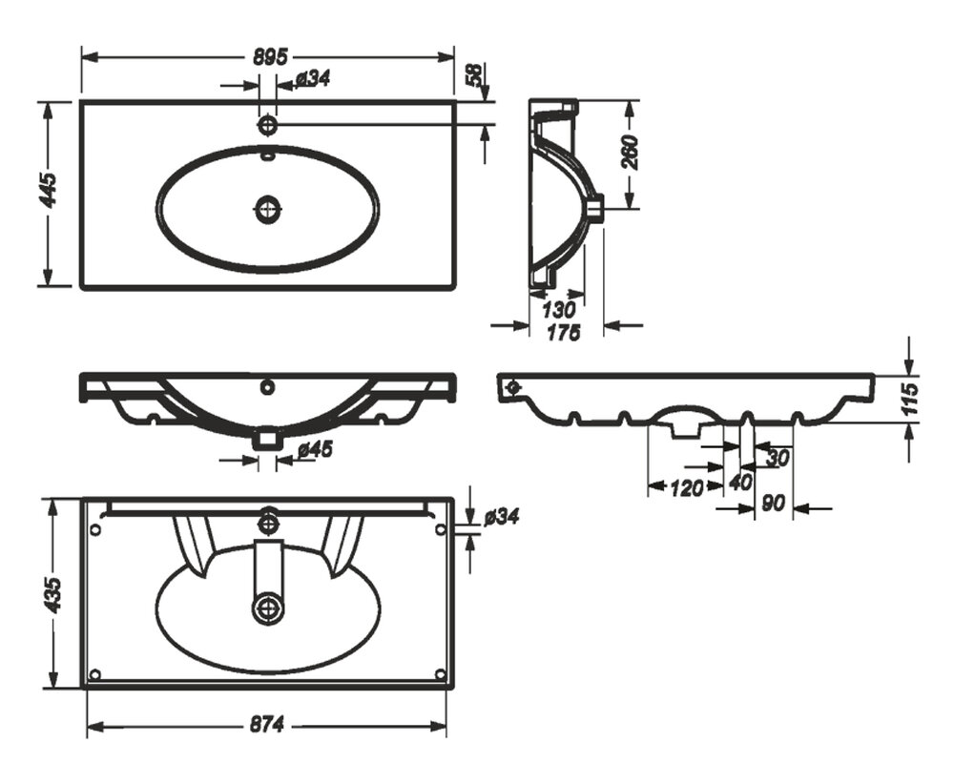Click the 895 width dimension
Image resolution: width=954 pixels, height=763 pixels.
click(x=270, y=56)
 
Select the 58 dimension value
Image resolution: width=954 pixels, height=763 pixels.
click(x=474, y=75)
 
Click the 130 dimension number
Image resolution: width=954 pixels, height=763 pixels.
click(x=558, y=309)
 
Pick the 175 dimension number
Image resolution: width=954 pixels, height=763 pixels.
click(x=565, y=333)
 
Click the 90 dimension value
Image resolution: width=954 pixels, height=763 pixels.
click(x=774, y=502)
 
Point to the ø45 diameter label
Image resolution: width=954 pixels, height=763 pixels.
click(x=314, y=448)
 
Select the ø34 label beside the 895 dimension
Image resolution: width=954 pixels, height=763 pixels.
click(x=312, y=79)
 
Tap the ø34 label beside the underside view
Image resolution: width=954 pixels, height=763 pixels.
click(x=501, y=517)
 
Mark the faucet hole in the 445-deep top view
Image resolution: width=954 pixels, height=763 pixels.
click(x=268, y=124)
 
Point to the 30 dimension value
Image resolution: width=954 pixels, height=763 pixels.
click(x=777, y=458)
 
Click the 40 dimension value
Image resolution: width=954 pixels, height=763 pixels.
click(x=740, y=483)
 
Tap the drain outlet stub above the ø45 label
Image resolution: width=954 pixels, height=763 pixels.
click(x=267, y=440)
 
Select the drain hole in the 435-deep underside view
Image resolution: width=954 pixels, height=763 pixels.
click(x=268, y=607)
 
